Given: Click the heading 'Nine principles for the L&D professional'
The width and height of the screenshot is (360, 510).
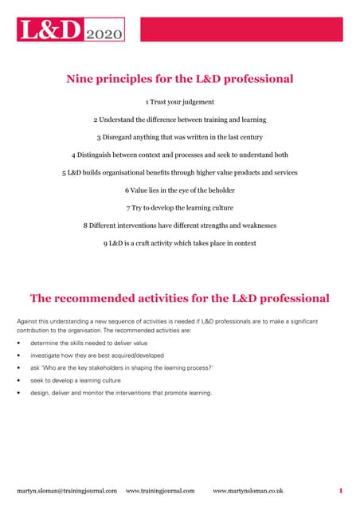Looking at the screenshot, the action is click(x=179, y=78).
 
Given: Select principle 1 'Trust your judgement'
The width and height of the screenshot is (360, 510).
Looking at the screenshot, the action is click(x=179, y=102).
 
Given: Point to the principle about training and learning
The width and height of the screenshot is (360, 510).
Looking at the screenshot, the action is click(x=179, y=120).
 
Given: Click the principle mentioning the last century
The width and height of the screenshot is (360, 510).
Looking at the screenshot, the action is click(x=179, y=137).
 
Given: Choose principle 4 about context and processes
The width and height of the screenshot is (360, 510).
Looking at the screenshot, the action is click(x=179, y=155).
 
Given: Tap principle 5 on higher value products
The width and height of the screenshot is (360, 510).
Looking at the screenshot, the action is click(x=179, y=172).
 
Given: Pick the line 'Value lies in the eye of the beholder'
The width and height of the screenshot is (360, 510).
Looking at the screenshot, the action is click(x=179, y=190).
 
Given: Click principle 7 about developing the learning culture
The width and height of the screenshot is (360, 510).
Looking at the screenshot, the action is click(x=179, y=207).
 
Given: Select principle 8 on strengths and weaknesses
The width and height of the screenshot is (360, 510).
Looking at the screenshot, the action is click(x=179, y=225).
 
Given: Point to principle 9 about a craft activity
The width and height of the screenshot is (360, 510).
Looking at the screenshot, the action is click(x=179, y=242).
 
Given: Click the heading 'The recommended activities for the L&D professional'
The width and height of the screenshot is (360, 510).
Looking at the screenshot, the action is click(x=179, y=299).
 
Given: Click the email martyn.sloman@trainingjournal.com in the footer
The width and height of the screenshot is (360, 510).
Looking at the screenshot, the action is click(x=67, y=490).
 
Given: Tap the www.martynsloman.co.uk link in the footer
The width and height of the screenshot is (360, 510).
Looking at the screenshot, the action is click(x=248, y=490).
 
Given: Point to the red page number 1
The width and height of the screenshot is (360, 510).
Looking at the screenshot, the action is click(x=340, y=490).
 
